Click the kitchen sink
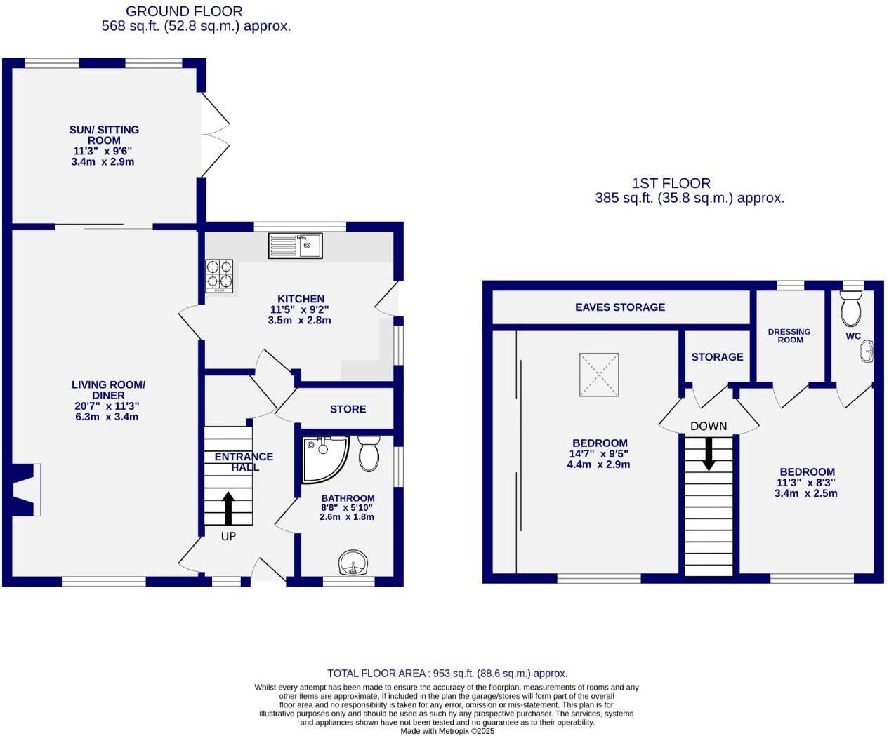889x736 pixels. pyautogui.click(x=296, y=246)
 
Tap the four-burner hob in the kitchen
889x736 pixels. pyautogui.click(x=219, y=275)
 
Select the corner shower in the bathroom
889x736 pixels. pyautogui.click(x=323, y=460)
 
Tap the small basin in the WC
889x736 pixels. pyautogui.click(x=868, y=352)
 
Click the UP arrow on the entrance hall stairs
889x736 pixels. pyautogui.click(x=228, y=508)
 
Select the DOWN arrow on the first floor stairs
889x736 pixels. pyautogui.click(x=709, y=453)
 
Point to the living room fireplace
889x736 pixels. pyautogui.click(x=27, y=489)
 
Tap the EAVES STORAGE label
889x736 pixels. pyautogui.click(x=619, y=307)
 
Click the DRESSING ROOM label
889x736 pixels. pyautogui.click(x=789, y=336)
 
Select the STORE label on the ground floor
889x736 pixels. pyautogui.click(x=348, y=409)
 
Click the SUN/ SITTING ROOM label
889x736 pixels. pyautogui.click(x=104, y=135)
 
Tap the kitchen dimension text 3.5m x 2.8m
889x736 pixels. pyautogui.click(x=299, y=320)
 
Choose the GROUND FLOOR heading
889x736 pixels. pyautogui.click(x=184, y=11)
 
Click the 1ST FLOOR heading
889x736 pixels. pyautogui.click(x=671, y=183)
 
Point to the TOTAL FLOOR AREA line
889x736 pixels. pyautogui.click(x=447, y=673)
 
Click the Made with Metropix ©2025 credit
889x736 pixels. pyautogui.click(x=447, y=731)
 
